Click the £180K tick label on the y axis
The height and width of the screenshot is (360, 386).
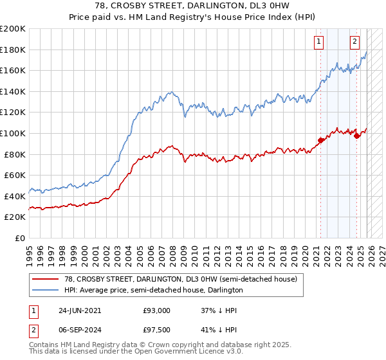[x=13, y=50]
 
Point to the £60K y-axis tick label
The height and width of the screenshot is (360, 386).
[x=15, y=175]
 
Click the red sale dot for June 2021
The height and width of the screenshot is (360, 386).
[x=320, y=140]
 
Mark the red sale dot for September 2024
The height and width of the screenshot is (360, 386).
[x=356, y=136]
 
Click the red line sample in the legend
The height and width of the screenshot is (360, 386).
[x=46, y=280]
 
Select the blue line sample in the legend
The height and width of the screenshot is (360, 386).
[x=46, y=291]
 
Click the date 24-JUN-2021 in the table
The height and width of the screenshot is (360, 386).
[x=80, y=310]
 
